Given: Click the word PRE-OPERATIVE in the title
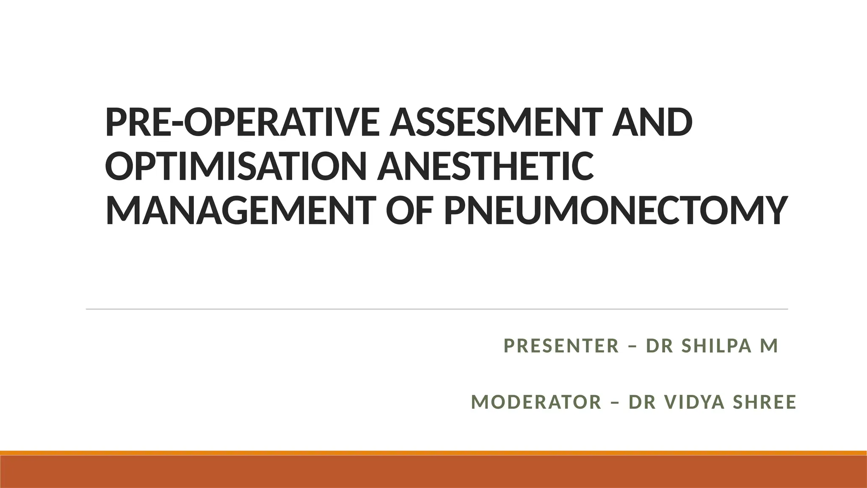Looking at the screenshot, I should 244,122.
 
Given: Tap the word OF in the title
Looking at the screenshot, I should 409,211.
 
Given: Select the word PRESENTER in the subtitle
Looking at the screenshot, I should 561,346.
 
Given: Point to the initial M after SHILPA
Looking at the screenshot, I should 769,346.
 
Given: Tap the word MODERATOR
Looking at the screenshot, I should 536,402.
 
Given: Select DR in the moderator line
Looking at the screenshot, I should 641,402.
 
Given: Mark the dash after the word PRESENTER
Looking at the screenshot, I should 633,346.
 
